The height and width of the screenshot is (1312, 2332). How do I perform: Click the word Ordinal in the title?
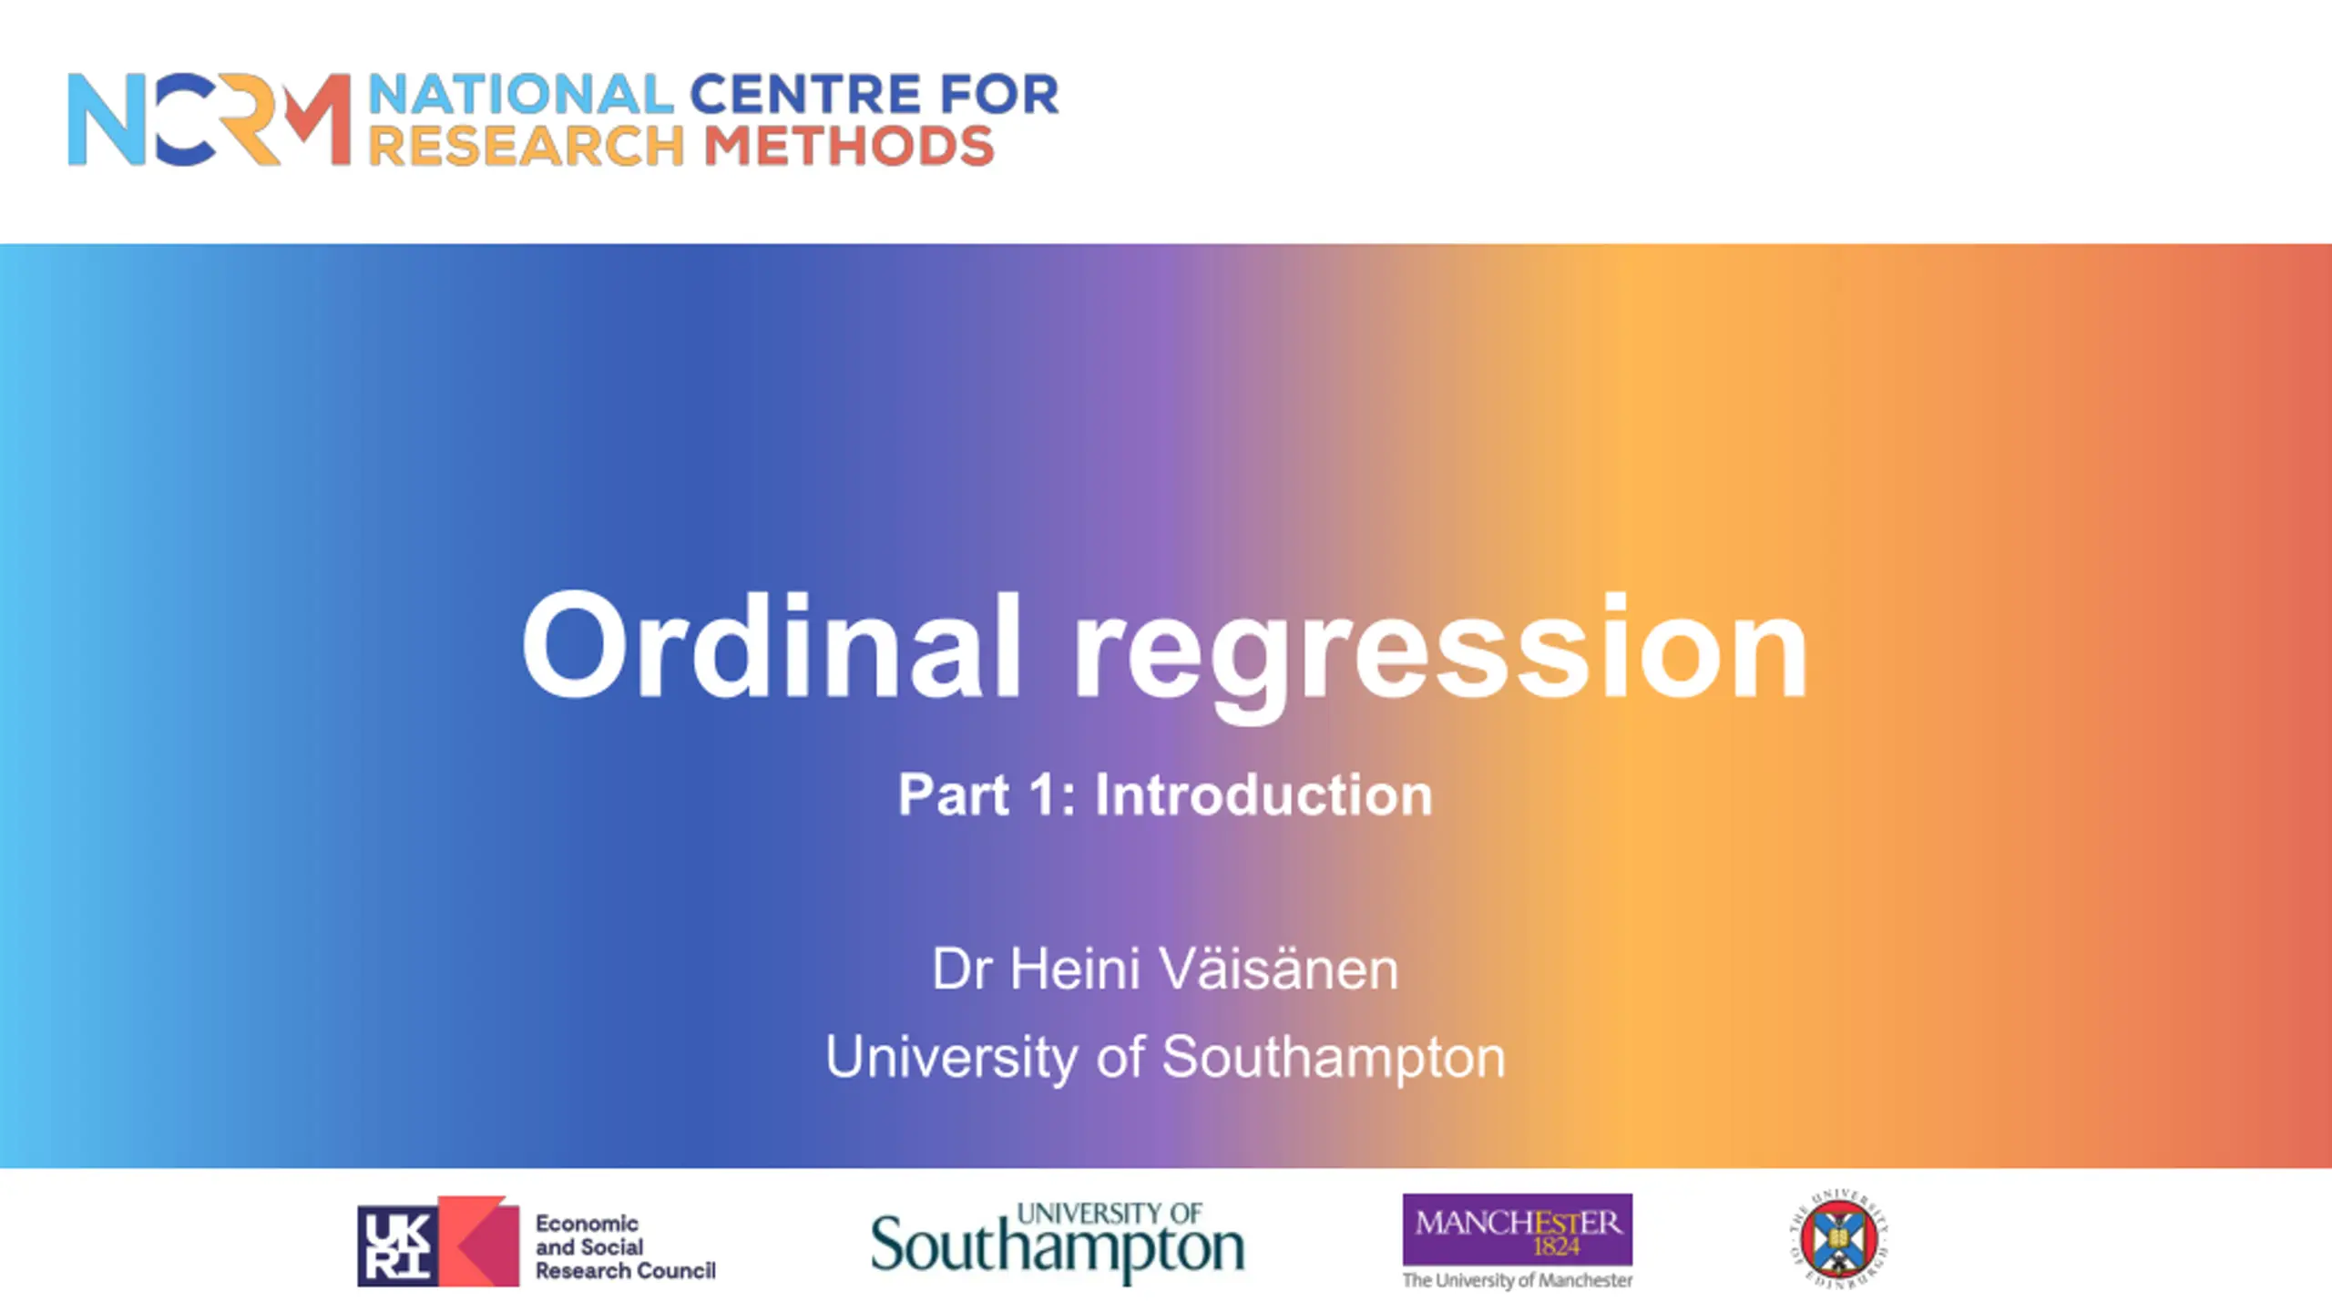pyautogui.click(x=771, y=645)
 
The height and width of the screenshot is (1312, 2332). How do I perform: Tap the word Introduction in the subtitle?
pyautogui.click(x=1263, y=794)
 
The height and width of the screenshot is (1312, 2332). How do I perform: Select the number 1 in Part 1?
pyautogui.click(x=1045, y=794)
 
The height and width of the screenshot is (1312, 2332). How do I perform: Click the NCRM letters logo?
pyautogui.click(x=210, y=119)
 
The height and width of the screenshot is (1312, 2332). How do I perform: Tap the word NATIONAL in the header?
pyautogui.click(x=521, y=95)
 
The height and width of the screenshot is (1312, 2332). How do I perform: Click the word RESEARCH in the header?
pyautogui.click(x=527, y=146)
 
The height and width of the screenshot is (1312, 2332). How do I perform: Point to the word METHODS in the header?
pyautogui.click(x=849, y=146)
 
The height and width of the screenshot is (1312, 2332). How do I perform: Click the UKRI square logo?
pyautogui.click(x=438, y=1241)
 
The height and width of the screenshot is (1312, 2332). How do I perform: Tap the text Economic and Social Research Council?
pyautogui.click(x=626, y=1246)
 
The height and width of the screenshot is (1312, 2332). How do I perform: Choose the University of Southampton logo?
pyautogui.click(x=1058, y=1242)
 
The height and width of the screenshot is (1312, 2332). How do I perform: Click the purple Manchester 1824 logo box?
pyautogui.click(x=1518, y=1229)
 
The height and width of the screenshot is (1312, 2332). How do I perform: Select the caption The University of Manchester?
pyautogui.click(x=1518, y=1280)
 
